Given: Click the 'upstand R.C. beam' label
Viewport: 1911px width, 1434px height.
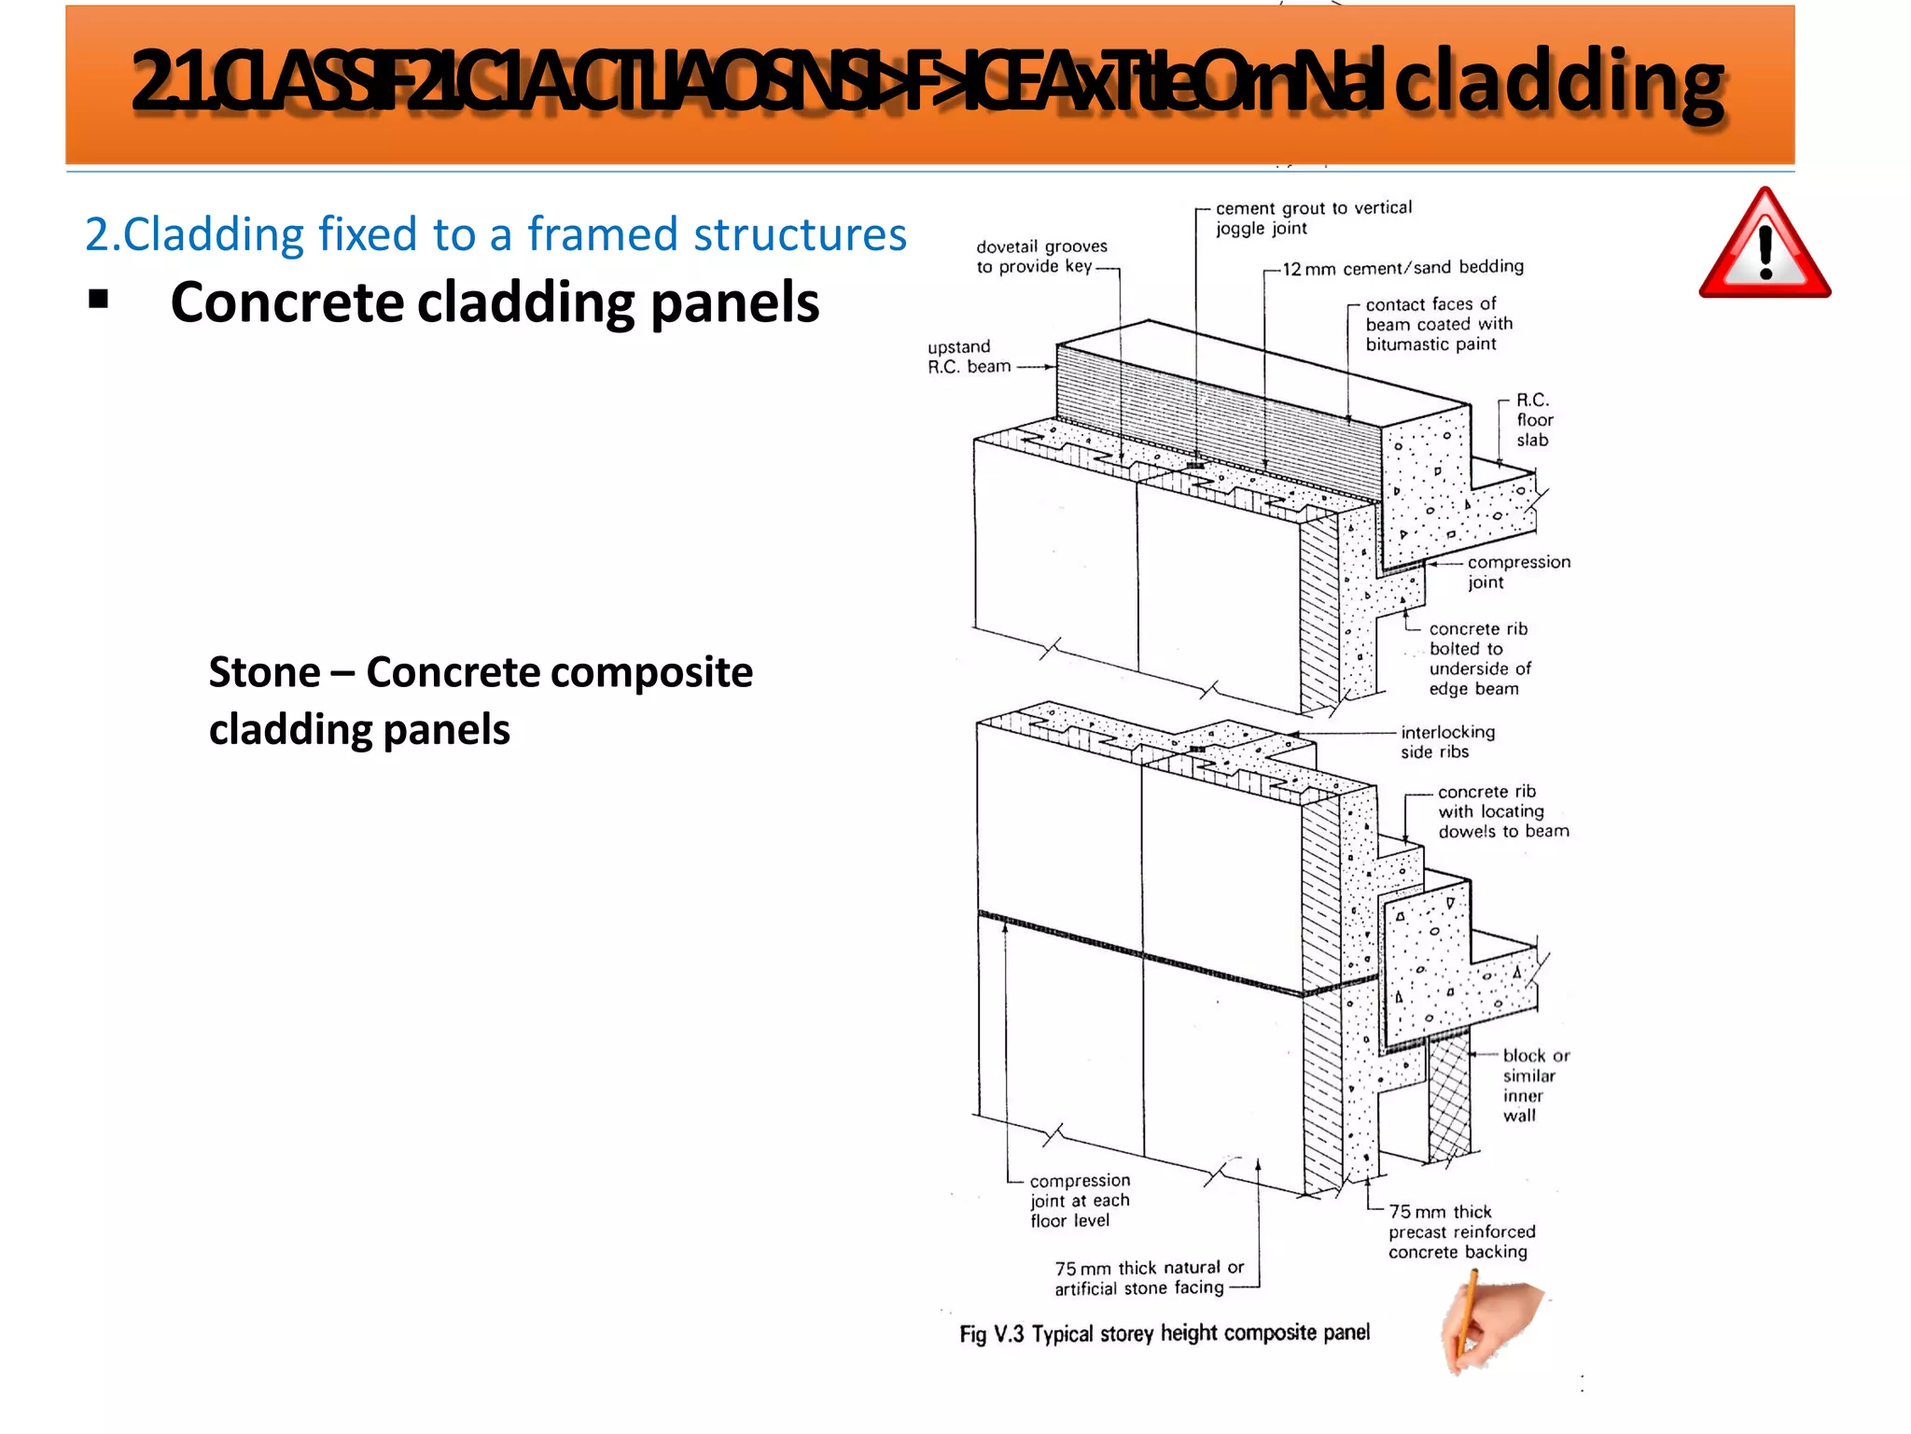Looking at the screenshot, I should [x=969, y=357].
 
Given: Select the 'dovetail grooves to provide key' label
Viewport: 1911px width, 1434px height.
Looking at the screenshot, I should [x=1041, y=257].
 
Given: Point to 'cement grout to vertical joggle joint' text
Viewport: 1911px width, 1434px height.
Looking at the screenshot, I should [x=1312, y=218].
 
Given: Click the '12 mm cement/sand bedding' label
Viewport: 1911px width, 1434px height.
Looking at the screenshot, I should [x=1402, y=268].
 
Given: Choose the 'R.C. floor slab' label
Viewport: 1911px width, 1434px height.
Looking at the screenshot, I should [x=1533, y=420].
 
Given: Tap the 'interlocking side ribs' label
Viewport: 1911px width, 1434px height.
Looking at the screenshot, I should [x=1446, y=742].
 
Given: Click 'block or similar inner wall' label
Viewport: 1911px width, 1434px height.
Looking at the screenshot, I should [x=1535, y=1085].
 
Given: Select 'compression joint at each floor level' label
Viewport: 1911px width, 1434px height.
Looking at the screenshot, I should [x=1080, y=1201].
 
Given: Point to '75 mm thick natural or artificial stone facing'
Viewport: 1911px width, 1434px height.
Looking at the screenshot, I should [x=1149, y=1278].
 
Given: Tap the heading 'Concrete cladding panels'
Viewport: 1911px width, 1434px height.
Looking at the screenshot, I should [x=495, y=302].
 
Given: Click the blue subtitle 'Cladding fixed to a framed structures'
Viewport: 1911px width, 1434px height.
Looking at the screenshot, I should [x=495, y=233].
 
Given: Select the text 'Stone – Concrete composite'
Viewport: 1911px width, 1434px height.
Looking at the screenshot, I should [x=481, y=672].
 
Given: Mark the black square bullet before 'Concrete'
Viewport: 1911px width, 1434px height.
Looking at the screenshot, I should [x=98, y=300].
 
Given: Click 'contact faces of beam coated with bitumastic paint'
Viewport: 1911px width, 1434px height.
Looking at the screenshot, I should [x=1439, y=324].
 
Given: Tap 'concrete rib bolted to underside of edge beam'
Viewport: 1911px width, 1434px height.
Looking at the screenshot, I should [x=1479, y=659].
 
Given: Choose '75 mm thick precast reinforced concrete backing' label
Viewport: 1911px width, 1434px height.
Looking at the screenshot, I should [x=1461, y=1232].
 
